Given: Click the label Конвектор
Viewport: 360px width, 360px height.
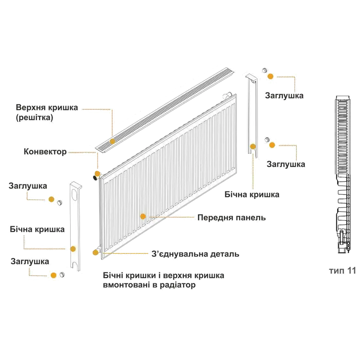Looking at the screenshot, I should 45,152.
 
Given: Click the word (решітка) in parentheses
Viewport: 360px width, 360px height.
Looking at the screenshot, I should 35,118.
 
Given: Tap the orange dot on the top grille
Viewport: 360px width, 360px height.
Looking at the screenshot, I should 112,141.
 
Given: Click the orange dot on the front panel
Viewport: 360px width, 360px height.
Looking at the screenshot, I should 143,216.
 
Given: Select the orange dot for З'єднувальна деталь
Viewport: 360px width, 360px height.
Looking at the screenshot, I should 95,252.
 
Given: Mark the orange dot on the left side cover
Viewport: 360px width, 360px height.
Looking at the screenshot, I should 73,249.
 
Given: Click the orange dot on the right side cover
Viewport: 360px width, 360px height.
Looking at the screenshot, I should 253,147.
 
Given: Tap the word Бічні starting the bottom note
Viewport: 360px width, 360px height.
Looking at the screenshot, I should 112,276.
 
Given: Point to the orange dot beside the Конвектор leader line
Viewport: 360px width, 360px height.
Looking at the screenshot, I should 96,173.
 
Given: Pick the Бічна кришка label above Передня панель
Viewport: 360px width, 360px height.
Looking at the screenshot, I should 252,195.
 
